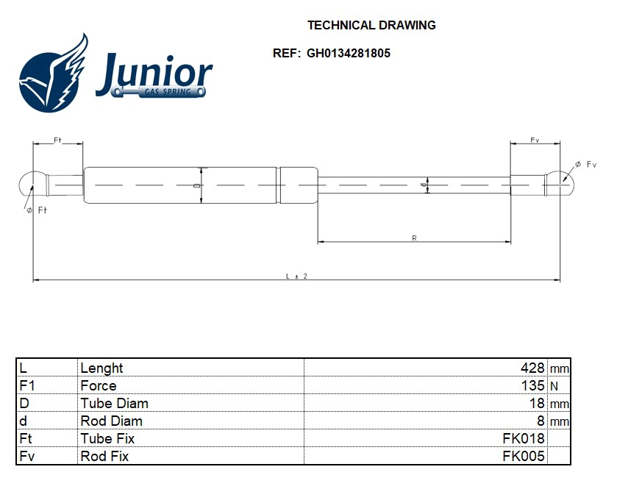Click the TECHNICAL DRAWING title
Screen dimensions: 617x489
[x=371, y=25]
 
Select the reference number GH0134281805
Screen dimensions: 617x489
[x=349, y=53]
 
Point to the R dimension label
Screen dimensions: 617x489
[x=414, y=238]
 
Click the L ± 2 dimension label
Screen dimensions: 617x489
[x=296, y=276]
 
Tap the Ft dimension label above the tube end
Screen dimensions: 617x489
[x=57, y=140]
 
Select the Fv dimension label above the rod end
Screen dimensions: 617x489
[x=535, y=140]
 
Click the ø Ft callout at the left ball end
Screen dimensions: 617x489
[x=37, y=210]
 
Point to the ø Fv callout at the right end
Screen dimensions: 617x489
[x=585, y=164]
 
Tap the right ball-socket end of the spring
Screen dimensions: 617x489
[x=559, y=184]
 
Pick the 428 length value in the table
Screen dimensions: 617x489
[x=532, y=368]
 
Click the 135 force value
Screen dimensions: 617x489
[x=532, y=385]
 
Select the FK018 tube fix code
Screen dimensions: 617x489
[x=524, y=438]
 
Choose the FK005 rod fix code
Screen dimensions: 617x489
[x=524, y=456]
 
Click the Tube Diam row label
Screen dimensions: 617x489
[x=114, y=403]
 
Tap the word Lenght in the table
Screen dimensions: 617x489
[x=101, y=368]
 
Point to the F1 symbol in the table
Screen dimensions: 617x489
[x=26, y=385]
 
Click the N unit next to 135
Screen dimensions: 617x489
[x=554, y=386]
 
